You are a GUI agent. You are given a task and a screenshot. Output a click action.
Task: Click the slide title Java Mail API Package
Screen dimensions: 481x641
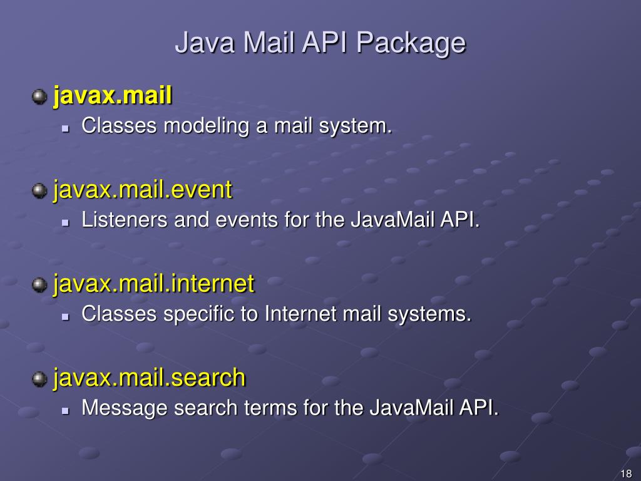320,43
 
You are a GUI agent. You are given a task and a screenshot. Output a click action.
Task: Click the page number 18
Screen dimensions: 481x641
625,473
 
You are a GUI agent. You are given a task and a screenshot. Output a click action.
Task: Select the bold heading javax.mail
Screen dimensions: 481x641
113,96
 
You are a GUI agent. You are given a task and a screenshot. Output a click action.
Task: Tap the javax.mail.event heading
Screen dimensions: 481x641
143,190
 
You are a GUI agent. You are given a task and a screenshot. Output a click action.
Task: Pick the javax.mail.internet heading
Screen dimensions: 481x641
154,284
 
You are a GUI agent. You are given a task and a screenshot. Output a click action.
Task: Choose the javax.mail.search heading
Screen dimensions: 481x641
150,378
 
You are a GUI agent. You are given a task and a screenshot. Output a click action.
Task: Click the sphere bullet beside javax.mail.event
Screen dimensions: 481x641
39,190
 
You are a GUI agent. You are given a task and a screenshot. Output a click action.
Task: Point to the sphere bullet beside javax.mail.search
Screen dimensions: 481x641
39,378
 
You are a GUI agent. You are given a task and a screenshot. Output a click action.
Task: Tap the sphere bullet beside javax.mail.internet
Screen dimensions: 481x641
39,284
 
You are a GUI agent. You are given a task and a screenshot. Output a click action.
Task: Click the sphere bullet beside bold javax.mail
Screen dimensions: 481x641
39,96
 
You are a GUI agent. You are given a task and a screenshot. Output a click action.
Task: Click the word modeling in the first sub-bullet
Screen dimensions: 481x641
207,127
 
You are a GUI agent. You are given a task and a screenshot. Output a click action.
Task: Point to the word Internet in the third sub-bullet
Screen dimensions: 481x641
301,314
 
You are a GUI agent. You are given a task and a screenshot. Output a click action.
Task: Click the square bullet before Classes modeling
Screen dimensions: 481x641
65,128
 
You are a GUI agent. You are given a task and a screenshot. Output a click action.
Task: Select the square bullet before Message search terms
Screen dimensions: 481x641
65,410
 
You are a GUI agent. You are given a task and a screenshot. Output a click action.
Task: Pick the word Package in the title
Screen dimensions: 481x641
411,44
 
